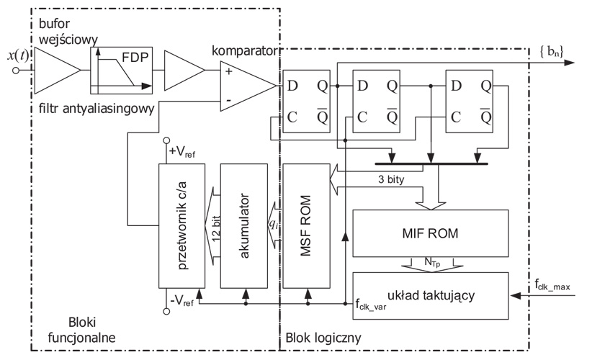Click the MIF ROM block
tap(429, 235)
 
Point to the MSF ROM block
tap(305, 224)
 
